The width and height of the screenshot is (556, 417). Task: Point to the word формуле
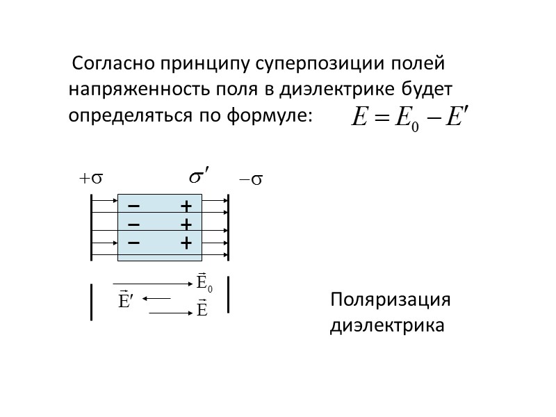click(270, 115)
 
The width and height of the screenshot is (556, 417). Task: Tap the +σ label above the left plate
click(90, 179)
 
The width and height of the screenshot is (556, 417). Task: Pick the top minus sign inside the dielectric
click(133, 206)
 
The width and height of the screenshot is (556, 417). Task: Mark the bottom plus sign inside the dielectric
click(186, 243)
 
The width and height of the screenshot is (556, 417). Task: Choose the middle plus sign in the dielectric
click(186, 225)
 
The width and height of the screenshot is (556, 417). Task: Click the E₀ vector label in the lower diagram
click(204, 282)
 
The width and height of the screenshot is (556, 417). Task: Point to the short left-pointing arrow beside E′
click(157, 299)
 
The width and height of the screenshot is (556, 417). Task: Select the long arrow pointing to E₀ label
click(153, 284)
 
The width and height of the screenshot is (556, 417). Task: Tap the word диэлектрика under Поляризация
click(387, 325)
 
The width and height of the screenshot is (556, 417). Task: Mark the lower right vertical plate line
click(229, 296)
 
